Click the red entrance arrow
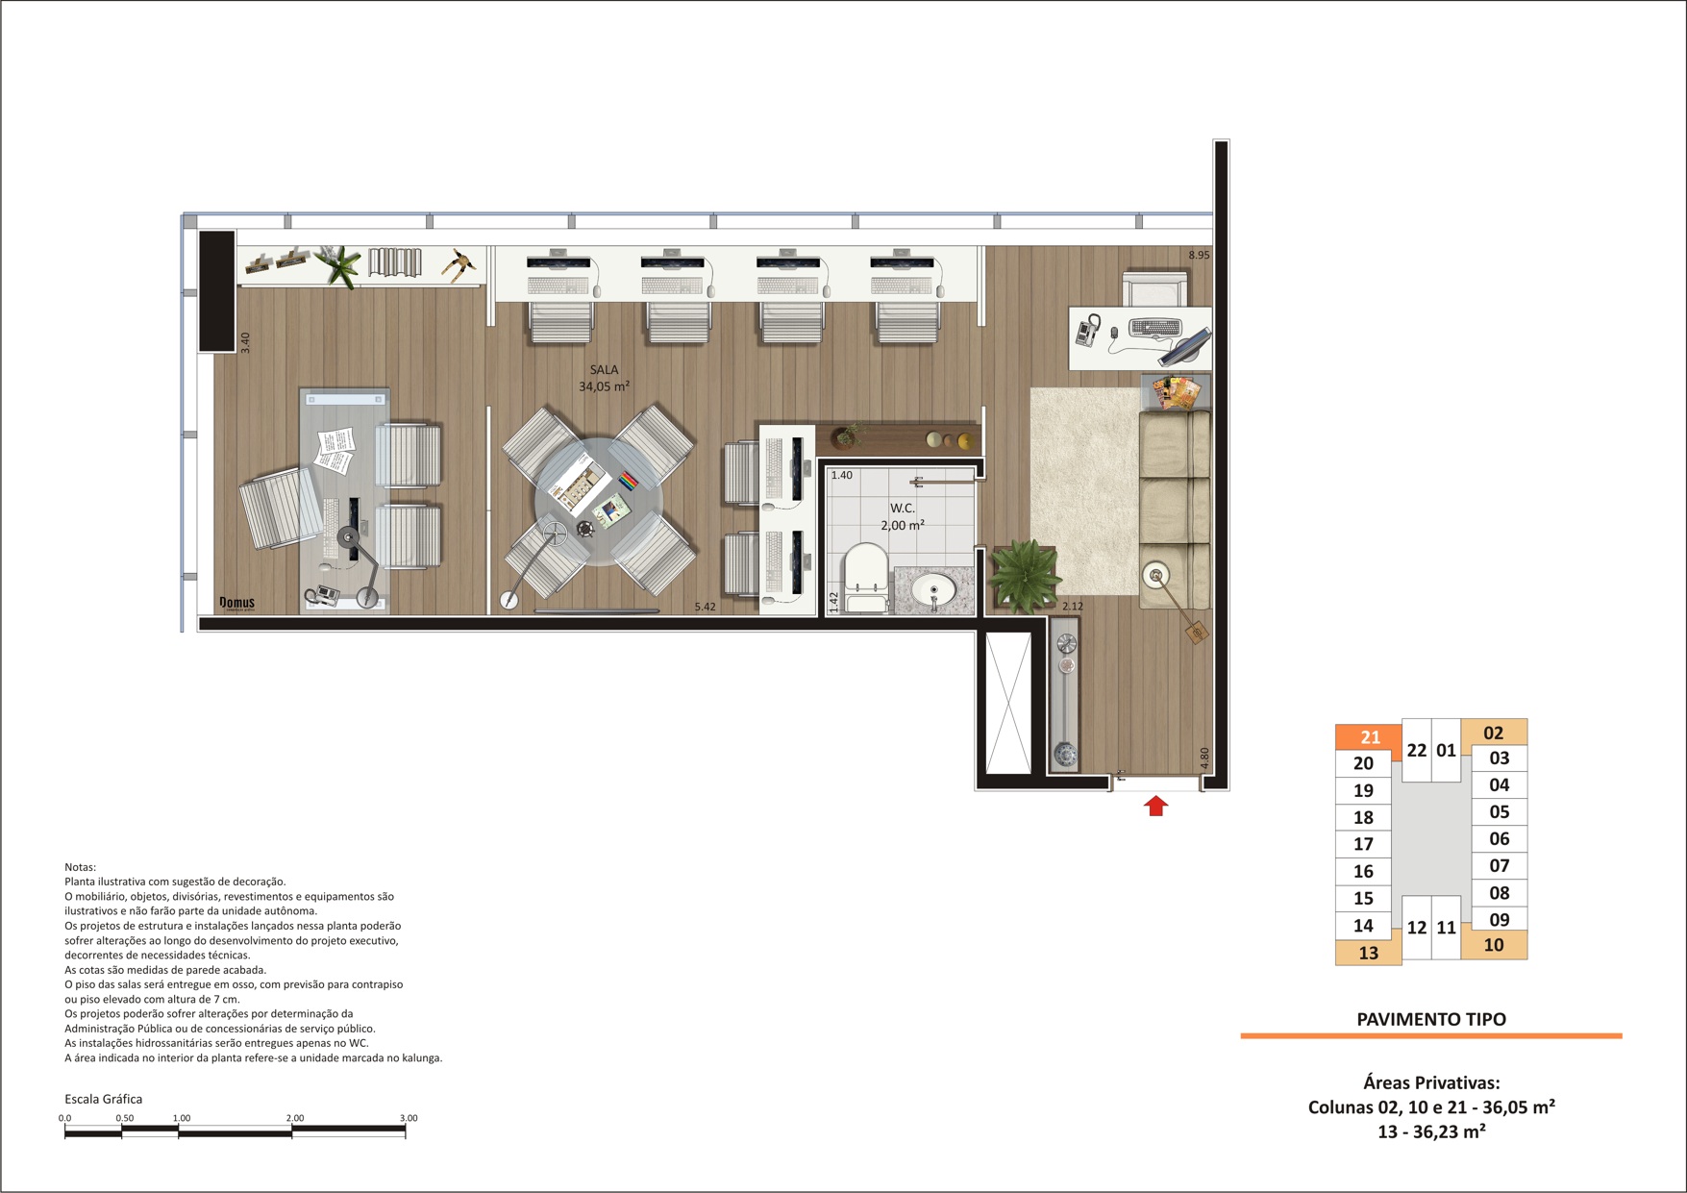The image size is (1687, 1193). pyautogui.click(x=1155, y=806)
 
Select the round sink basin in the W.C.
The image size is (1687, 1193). pyautogui.click(x=933, y=591)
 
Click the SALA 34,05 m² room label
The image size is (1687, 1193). pyautogui.click(x=604, y=378)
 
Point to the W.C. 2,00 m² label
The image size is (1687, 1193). pyautogui.click(x=902, y=516)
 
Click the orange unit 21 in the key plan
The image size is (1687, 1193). pyautogui.click(x=1369, y=737)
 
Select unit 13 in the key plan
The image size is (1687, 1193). pyautogui.click(x=1368, y=953)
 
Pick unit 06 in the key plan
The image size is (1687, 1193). pyautogui.click(x=1499, y=838)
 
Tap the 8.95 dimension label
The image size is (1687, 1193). pyautogui.click(x=1199, y=255)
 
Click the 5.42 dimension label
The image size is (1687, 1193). pyautogui.click(x=705, y=607)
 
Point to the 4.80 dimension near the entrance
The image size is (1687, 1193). pyautogui.click(x=1204, y=758)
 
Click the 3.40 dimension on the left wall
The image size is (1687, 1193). pyautogui.click(x=245, y=342)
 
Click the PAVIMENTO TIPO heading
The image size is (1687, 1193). pyautogui.click(x=1430, y=1019)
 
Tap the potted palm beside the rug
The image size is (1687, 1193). pyautogui.click(x=1025, y=576)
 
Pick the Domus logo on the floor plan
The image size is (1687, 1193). pyautogui.click(x=236, y=604)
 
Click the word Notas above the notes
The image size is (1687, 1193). pyautogui.click(x=80, y=867)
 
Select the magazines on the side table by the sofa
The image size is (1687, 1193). pyautogui.click(x=1177, y=392)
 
